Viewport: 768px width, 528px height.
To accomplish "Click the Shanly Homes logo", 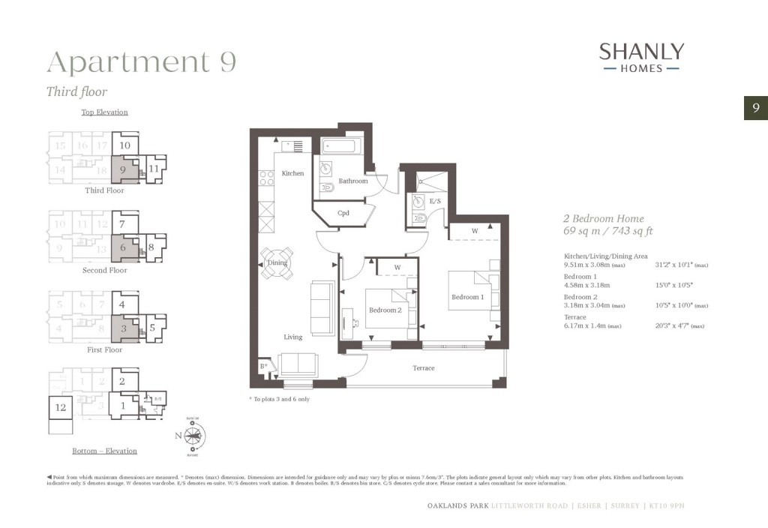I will (641, 57).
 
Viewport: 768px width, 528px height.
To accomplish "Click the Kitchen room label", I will (292, 173).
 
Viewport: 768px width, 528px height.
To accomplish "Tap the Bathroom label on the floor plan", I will (352, 181).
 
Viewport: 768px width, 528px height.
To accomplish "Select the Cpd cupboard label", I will (343, 213).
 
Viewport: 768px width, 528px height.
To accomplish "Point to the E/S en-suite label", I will (435, 201).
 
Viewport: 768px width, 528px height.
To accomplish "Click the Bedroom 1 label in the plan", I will (466, 297).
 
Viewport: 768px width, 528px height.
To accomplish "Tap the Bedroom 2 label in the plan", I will (385, 310).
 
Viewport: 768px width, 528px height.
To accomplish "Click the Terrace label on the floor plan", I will (424, 368).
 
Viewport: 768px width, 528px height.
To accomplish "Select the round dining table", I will (278, 263).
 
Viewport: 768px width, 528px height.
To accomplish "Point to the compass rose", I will (196, 434).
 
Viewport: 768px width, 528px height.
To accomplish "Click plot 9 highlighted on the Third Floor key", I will (122, 169).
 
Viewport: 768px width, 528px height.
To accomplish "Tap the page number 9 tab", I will (755, 108).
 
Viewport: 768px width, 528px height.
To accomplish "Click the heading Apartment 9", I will (141, 62).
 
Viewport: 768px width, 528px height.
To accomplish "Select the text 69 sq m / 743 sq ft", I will (607, 231).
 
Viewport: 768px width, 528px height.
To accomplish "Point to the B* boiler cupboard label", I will (263, 367).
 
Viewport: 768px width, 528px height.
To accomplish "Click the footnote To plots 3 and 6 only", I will (279, 399).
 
